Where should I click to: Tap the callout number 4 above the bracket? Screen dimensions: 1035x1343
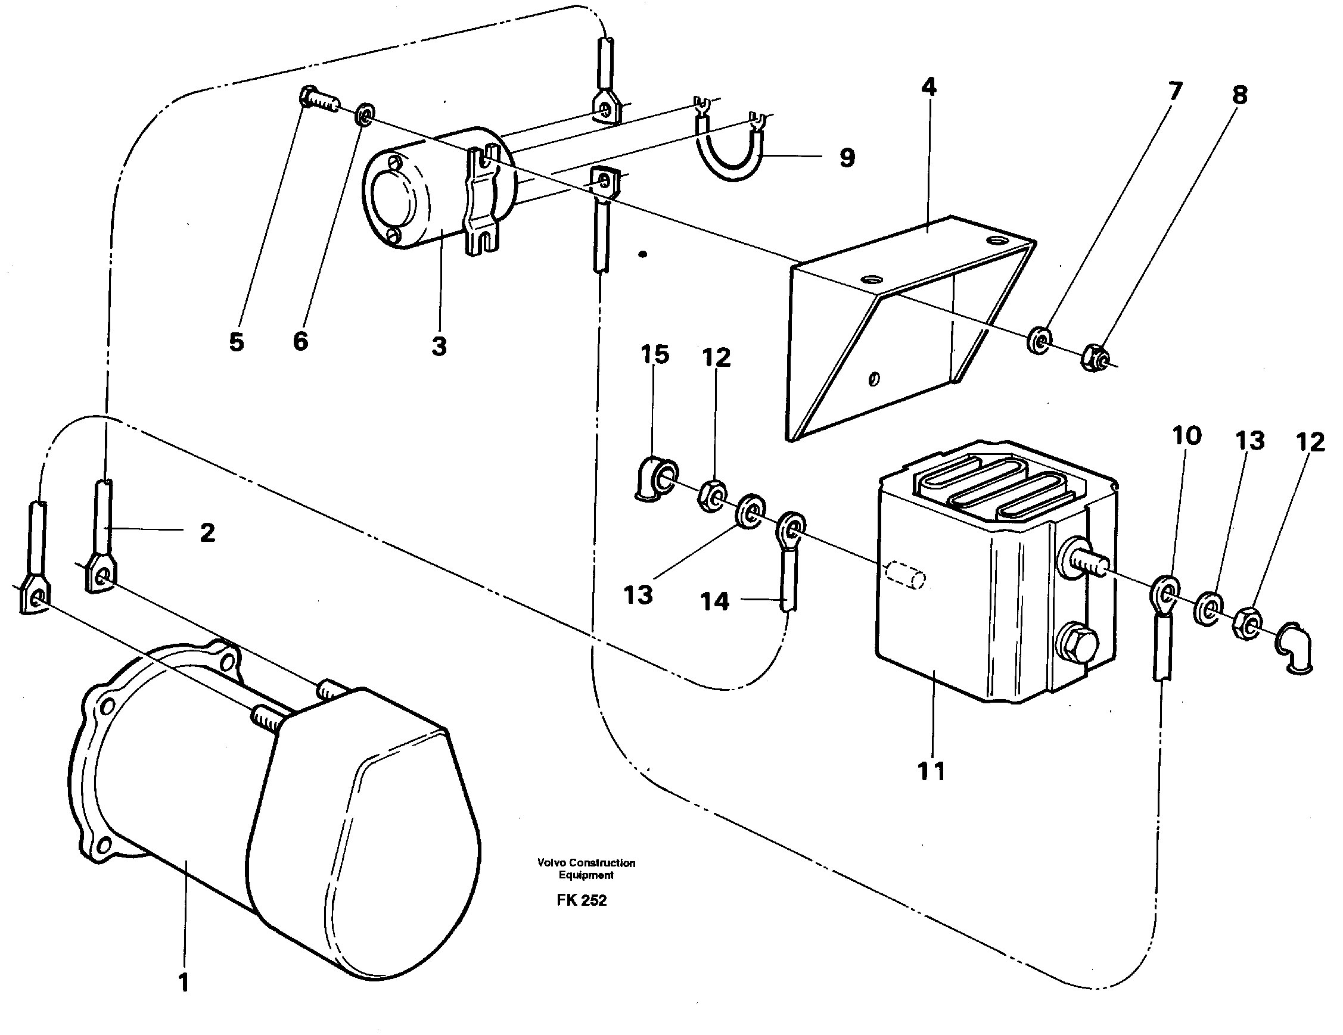click(929, 88)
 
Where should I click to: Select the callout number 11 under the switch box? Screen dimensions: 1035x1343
click(931, 771)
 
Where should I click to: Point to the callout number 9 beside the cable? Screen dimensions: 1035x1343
click(847, 158)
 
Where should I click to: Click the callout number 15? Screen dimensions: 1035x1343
click(654, 355)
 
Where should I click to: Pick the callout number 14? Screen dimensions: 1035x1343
click(714, 601)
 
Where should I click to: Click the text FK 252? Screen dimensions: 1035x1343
click(581, 900)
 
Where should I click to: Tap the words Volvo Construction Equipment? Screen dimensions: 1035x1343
click(586, 868)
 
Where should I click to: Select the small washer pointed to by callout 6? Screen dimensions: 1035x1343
click(363, 115)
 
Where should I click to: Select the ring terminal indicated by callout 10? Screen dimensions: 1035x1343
click(1162, 593)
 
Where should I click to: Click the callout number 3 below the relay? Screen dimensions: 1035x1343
click(439, 347)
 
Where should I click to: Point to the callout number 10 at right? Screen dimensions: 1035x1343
click(1186, 436)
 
